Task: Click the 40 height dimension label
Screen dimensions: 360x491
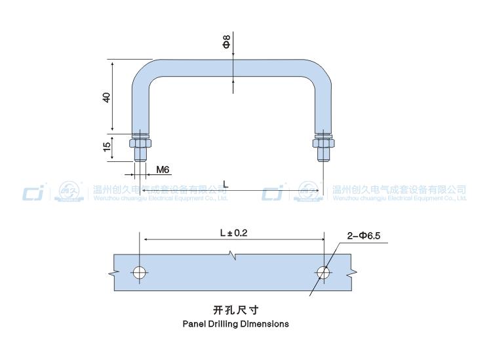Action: [x=106, y=97]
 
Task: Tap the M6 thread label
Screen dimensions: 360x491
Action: [x=163, y=169]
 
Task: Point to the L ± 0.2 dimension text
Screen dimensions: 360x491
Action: [x=234, y=233]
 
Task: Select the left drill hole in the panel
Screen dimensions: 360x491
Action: [x=140, y=272]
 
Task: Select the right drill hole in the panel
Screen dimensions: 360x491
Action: [x=323, y=272]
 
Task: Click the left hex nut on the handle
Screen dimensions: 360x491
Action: [x=140, y=143]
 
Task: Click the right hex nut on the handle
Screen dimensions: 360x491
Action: [x=323, y=143]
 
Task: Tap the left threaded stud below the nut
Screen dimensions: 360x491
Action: [x=140, y=155]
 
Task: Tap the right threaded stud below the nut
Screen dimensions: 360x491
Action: [x=323, y=155]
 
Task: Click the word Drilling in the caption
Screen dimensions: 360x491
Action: [x=227, y=324]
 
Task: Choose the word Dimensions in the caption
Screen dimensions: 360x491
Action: [x=266, y=324]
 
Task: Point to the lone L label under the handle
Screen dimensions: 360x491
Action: [x=226, y=185]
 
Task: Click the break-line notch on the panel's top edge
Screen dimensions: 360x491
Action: [x=231, y=254]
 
